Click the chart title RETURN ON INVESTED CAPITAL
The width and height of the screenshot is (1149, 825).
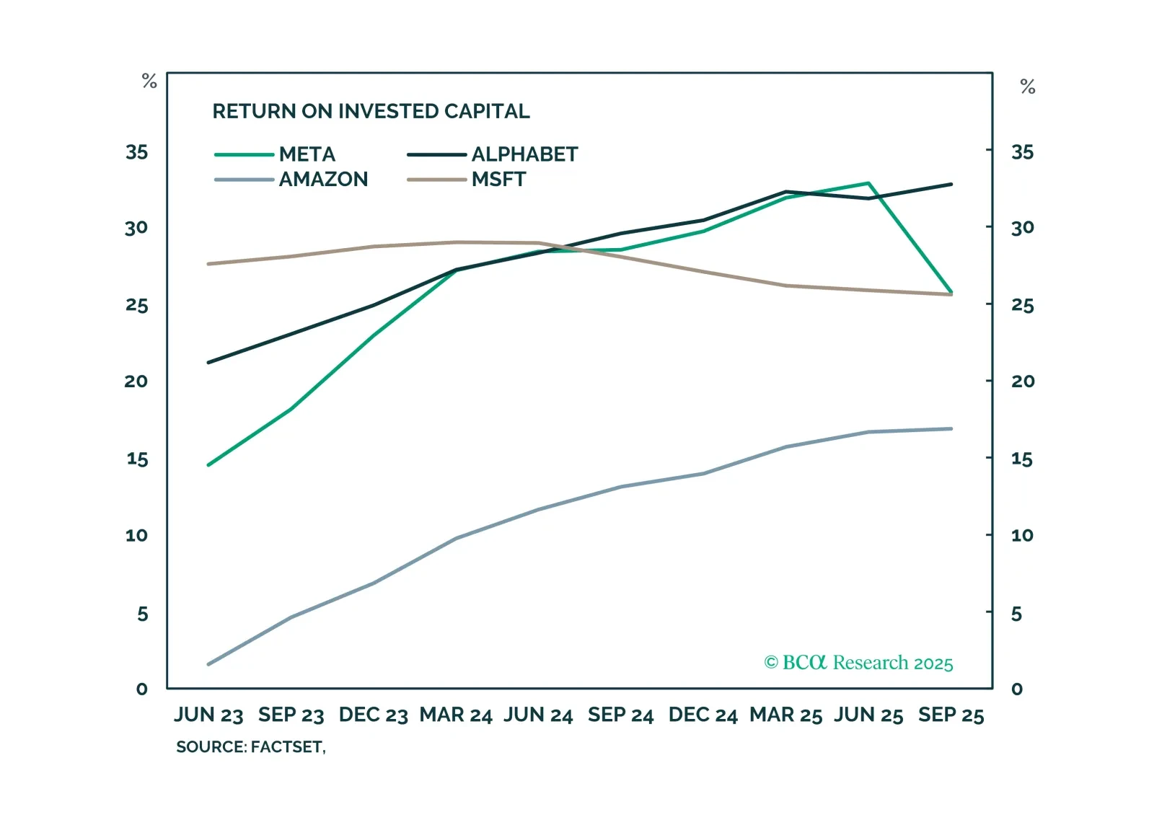[371, 111]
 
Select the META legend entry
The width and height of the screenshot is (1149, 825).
[307, 154]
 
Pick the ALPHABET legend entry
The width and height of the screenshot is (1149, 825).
[524, 154]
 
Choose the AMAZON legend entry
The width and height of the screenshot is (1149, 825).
[323, 179]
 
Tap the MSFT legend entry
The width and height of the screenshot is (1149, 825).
[498, 179]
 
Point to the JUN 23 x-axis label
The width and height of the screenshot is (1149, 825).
[208, 715]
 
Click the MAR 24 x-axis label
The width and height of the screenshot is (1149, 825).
[456, 715]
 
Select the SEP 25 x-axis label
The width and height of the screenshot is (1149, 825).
[951, 715]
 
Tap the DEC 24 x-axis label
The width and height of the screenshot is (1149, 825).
[703, 715]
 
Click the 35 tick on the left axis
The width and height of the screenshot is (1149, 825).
[136, 152]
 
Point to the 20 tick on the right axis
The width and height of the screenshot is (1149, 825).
[1023, 381]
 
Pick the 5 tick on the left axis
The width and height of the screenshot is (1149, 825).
[142, 614]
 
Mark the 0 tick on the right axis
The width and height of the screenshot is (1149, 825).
[1017, 689]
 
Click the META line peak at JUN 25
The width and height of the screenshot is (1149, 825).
[868, 183]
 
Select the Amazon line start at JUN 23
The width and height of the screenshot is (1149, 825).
[208, 664]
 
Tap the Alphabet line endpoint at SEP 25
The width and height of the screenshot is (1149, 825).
[951, 185]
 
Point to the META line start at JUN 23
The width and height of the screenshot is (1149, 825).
[208, 465]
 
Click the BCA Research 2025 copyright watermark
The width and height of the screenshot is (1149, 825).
[858, 663]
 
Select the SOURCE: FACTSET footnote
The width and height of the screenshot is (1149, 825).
[250, 747]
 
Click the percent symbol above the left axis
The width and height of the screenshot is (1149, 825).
[149, 81]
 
